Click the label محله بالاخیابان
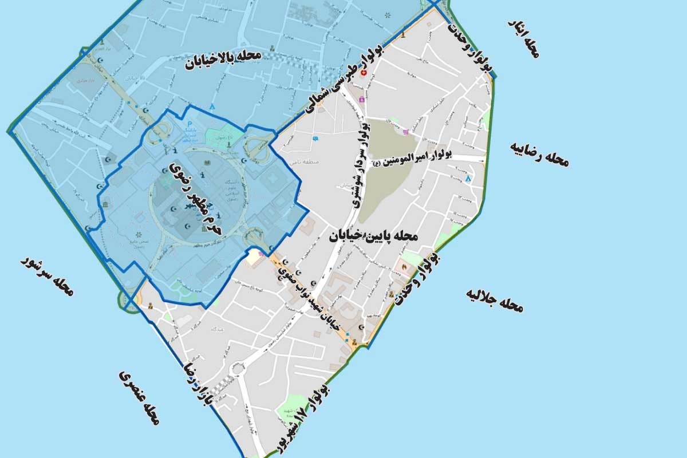[x=223, y=60]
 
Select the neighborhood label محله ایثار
[x=523, y=39]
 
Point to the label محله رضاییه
[x=539, y=153]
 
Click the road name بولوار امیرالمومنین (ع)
[x=413, y=159]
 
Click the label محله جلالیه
[x=495, y=300]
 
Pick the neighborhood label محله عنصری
[x=139, y=397]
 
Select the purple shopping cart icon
[x=405, y=132]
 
